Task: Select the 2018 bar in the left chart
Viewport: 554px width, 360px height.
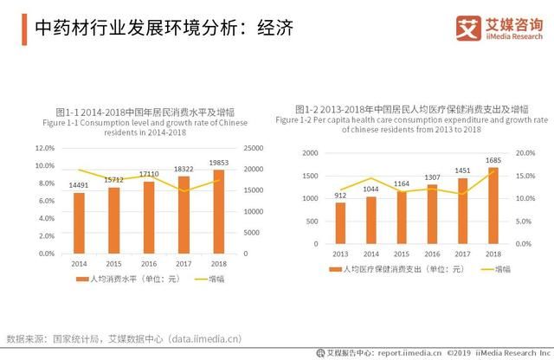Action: [x=218, y=211]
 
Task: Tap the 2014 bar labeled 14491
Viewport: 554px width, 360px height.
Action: [x=79, y=222]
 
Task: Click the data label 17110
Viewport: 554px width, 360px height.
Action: [x=149, y=174]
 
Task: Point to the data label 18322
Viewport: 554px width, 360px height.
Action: [x=184, y=169]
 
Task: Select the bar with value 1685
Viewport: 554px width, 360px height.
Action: [x=493, y=205]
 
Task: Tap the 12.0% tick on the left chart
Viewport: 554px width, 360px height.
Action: [x=44, y=148]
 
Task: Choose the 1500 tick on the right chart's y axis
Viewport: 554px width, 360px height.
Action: [x=309, y=176]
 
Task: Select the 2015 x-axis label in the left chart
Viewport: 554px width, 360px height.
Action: [x=113, y=263]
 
